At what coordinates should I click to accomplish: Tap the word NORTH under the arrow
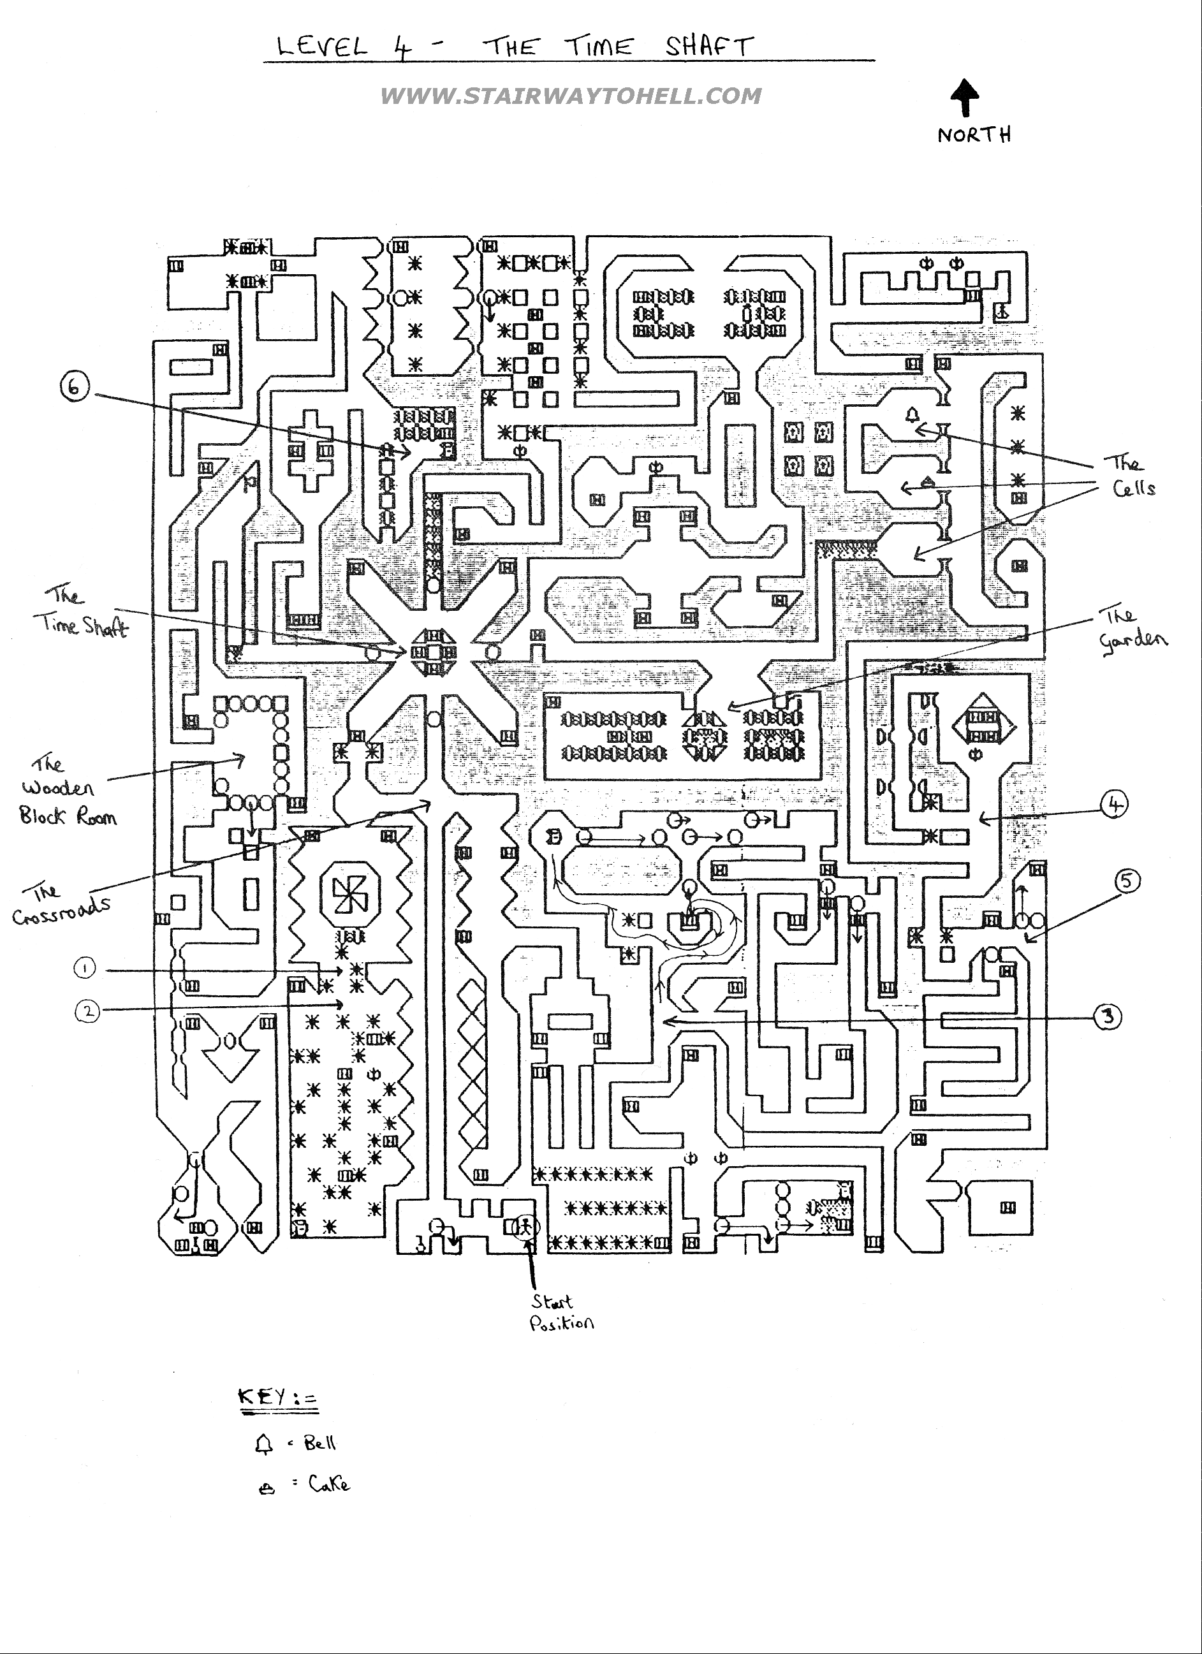(x=974, y=135)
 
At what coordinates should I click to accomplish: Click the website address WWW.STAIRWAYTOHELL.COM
(x=570, y=96)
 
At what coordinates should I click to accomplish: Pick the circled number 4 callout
(x=1114, y=805)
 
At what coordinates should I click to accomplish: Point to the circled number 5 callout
(x=1127, y=881)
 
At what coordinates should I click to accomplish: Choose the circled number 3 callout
(x=1108, y=1016)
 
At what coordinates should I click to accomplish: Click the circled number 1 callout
(x=85, y=968)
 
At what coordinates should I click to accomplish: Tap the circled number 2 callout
(x=87, y=1011)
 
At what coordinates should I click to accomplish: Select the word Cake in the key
(x=329, y=1484)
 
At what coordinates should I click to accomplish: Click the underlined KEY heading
(x=278, y=1398)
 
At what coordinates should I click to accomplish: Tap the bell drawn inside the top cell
(x=912, y=416)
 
